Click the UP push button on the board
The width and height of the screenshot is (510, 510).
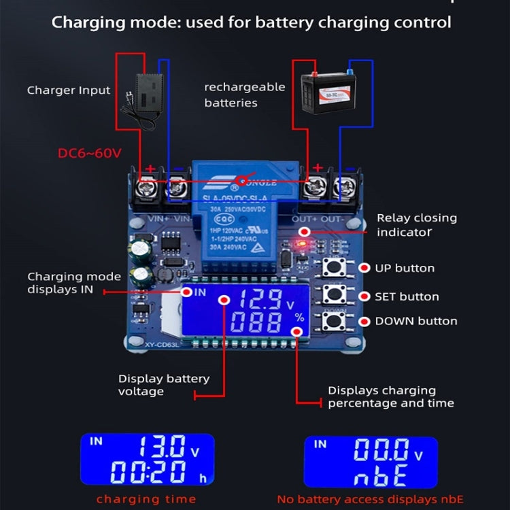(x=333, y=268)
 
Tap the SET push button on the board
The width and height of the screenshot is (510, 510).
(x=333, y=294)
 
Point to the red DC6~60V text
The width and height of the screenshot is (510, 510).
(x=90, y=153)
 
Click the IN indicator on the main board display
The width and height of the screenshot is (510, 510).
(x=199, y=292)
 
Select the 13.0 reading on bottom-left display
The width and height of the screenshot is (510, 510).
(x=162, y=447)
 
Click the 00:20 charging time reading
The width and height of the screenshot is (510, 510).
(x=152, y=471)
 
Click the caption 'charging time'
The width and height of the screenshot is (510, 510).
(x=146, y=499)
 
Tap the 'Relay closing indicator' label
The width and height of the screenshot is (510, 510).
(x=416, y=225)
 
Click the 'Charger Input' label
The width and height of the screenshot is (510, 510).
(x=68, y=90)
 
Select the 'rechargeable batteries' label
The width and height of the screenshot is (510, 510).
(x=235, y=95)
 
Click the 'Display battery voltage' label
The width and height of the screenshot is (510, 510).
(x=163, y=385)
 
